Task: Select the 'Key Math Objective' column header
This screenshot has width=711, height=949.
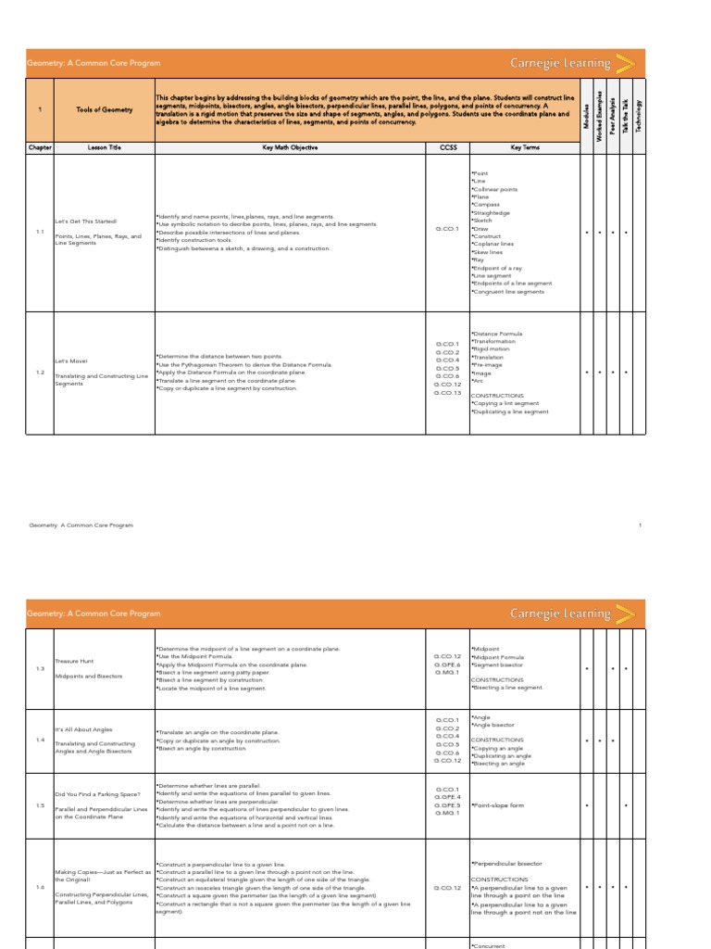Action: [x=289, y=147]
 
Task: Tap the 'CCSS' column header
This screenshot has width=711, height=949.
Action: [x=447, y=147]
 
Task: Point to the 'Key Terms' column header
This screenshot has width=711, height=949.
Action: [x=523, y=147]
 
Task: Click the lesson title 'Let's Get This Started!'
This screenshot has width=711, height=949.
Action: [x=86, y=221]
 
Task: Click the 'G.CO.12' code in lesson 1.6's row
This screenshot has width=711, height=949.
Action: [x=447, y=888]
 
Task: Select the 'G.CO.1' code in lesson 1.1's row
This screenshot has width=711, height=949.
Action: [x=447, y=228]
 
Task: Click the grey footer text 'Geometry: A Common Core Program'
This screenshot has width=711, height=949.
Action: [x=81, y=525]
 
